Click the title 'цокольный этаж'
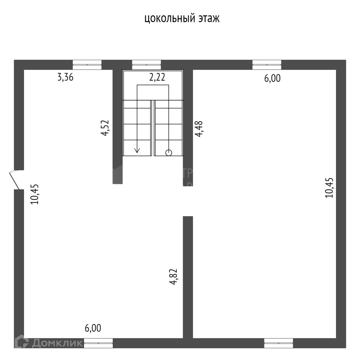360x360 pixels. (x=182, y=19)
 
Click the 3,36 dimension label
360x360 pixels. (x=65, y=77)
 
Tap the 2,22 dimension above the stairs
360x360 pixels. (x=157, y=77)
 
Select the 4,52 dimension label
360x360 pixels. (x=105, y=128)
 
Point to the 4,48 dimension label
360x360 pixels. (x=199, y=129)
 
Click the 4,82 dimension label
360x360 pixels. (x=175, y=277)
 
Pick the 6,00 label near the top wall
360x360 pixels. (x=273, y=79)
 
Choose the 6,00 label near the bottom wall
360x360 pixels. (x=93, y=328)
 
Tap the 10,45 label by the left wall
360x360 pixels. (x=35, y=194)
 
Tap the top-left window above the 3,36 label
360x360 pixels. (x=87, y=64)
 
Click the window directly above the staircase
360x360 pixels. (x=146, y=64)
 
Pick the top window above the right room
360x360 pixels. (x=267, y=64)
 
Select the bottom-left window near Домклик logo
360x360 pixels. (x=98, y=343)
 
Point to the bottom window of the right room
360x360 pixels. (x=279, y=343)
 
